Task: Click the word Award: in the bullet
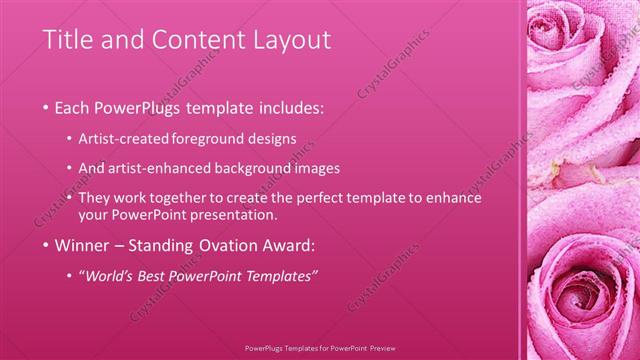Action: click(290, 245)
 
